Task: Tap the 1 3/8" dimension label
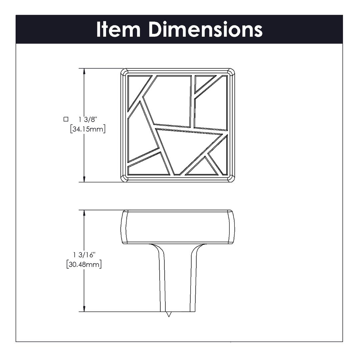[x=88, y=119]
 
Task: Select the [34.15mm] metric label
[x=88, y=129]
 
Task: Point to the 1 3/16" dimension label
[x=84, y=255]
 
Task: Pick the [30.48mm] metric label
[x=84, y=264]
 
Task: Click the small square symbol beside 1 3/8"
[x=66, y=119]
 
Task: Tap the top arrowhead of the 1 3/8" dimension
[x=84, y=71]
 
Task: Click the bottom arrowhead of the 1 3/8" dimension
[x=84, y=179]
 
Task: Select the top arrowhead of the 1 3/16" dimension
[x=84, y=213]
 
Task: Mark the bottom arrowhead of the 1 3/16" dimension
[x=84, y=309]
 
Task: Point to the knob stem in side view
[x=177, y=277]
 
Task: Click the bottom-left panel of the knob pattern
[x=148, y=166]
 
